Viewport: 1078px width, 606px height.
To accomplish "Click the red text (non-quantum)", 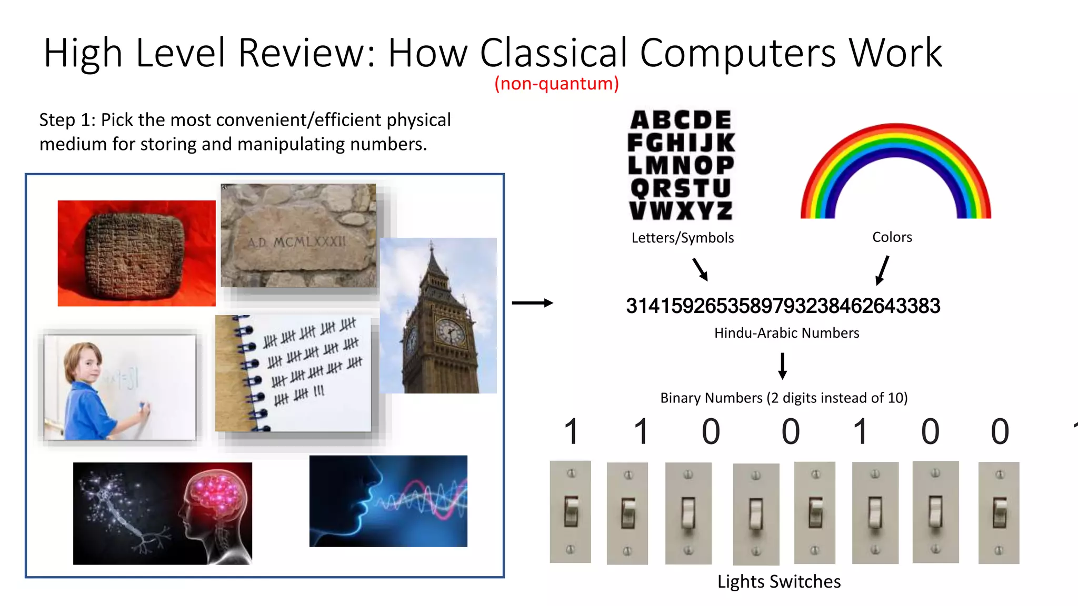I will (x=556, y=84).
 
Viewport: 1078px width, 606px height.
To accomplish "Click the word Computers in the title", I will (x=737, y=53).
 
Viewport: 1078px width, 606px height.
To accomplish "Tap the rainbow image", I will (x=895, y=171).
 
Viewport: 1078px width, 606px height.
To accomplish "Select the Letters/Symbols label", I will (x=682, y=238).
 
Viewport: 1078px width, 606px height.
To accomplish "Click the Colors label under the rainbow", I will (x=892, y=237).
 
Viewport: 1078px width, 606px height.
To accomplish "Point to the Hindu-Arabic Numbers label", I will (x=786, y=333).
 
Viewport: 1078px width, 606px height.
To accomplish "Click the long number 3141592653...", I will (x=783, y=306).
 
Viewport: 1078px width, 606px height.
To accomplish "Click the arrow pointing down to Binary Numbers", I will (x=783, y=366).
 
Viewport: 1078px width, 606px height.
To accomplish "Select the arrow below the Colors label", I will (x=882, y=270).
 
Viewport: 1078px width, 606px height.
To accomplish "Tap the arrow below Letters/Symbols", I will (x=700, y=269).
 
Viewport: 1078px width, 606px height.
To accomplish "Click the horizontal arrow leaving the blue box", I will (x=532, y=303).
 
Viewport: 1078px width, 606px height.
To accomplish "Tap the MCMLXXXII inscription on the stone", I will (x=297, y=242).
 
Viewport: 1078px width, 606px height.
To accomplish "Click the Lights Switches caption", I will (x=778, y=582).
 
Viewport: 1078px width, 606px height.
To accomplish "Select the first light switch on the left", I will (x=570, y=512).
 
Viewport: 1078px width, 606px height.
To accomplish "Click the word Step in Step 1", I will (x=57, y=120).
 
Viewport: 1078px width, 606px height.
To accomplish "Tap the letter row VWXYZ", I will (x=681, y=210).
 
